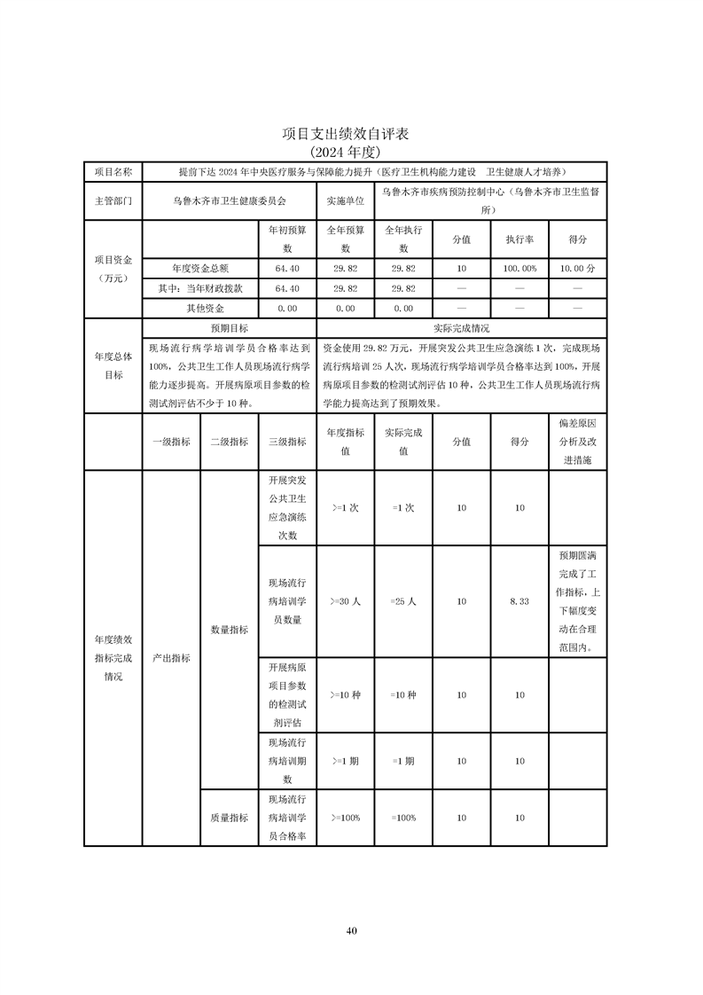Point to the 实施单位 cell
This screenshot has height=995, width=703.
(346, 200)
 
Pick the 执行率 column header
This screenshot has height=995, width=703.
(519, 239)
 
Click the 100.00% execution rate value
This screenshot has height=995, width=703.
(519, 268)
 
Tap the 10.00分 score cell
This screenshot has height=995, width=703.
(578, 268)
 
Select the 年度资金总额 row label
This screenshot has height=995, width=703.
(199, 268)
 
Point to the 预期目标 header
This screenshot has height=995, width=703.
(229, 328)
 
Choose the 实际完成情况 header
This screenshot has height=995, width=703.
(461, 328)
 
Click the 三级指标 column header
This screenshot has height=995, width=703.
(287, 442)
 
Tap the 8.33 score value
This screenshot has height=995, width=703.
(519, 601)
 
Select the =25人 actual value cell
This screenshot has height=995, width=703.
(403, 601)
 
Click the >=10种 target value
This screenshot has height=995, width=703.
(345, 695)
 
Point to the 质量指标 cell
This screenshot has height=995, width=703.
(229, 818)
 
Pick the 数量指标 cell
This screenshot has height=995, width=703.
(229, 630)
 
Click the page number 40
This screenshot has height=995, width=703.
(352, 930)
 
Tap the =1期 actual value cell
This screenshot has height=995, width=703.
(403, 761)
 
